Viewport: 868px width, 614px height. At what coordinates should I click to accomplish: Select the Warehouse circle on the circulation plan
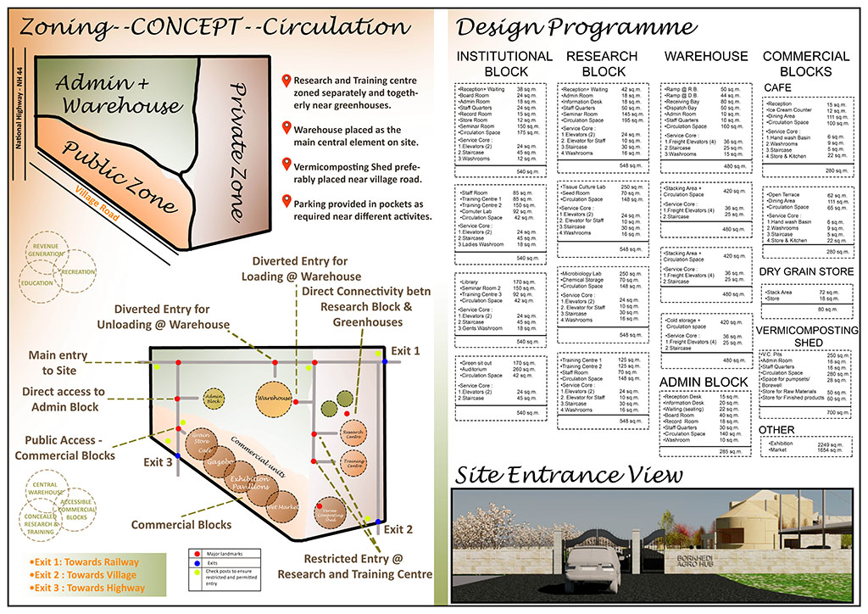[274, 397]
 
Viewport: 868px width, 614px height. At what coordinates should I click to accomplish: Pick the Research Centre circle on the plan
[353, 433]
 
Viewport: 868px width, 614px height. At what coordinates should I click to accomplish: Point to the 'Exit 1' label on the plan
[406, 350]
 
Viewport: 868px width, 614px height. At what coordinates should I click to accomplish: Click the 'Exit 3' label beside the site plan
[158, 462]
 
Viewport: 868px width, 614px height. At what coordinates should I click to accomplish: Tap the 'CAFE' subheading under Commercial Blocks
[779, 88]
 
